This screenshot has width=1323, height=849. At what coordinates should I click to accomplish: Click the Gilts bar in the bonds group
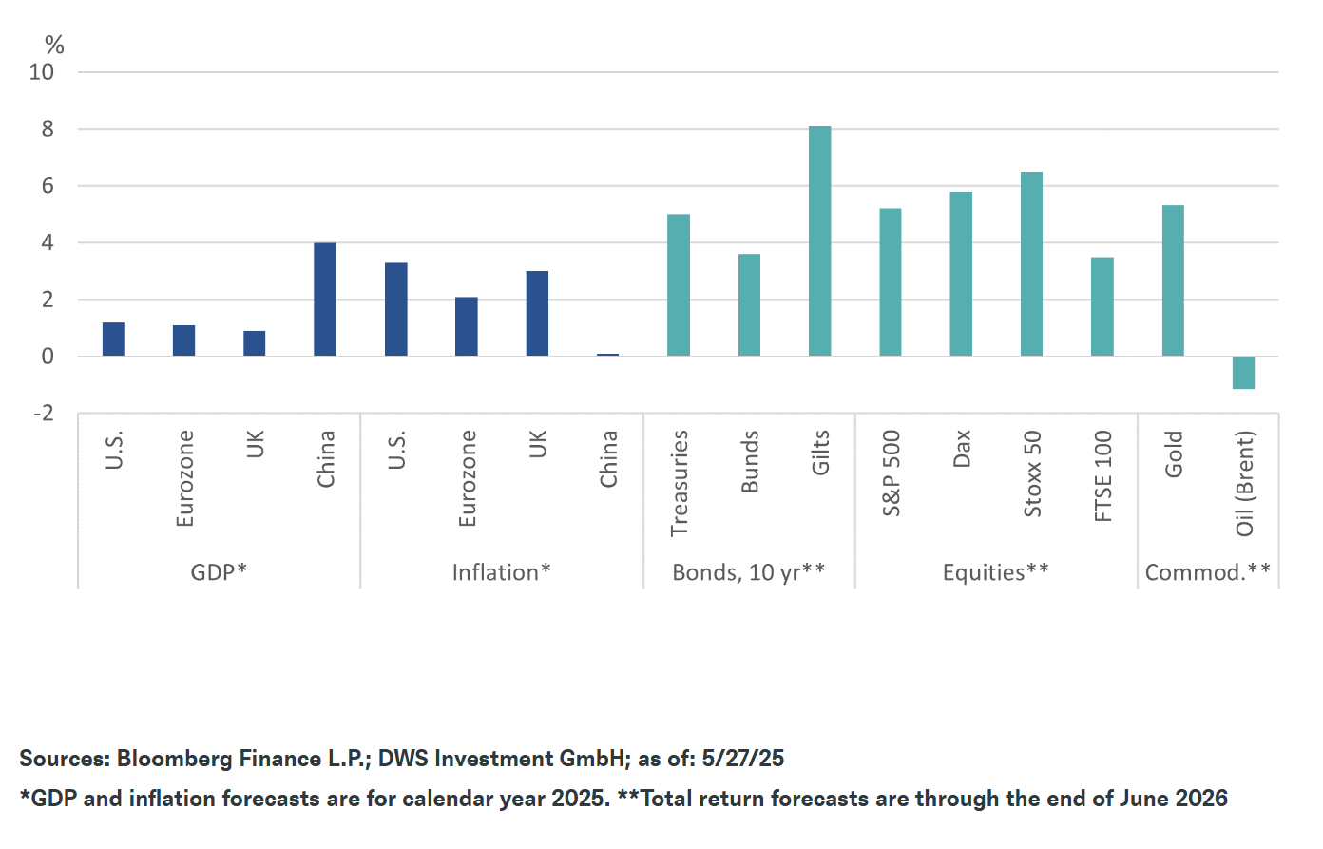(x=819, y=241)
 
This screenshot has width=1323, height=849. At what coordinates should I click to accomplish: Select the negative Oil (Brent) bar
(x=1243, y=373)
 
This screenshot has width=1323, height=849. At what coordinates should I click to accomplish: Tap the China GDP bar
(x=325, y=299)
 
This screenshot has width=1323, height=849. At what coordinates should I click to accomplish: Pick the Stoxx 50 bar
(x=1031, y=264)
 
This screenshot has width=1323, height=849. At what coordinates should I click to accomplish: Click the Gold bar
(x=1173, y=280)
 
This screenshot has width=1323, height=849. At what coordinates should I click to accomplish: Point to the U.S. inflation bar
(x=395, y=309)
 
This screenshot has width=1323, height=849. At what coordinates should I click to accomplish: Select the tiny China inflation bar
(x=607, y=355)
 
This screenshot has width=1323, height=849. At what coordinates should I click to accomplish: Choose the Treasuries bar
(x=679, y=285)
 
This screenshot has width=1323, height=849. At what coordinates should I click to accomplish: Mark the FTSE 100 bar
(x=1102, y=306)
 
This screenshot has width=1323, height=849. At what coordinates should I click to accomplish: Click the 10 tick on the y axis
(x=42, y=72)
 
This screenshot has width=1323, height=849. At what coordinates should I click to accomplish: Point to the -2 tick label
(x=43, y=414)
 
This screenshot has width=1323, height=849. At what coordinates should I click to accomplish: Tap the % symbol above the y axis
(x=54, y=45)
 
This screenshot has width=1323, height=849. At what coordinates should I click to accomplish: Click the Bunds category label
(x=750, y=462)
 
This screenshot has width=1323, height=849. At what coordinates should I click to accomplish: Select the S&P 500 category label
(x=891, y=473)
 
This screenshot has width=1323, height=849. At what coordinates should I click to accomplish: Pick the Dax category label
(x=962, y=449)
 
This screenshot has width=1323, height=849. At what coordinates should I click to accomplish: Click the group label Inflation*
(x=501, y=572)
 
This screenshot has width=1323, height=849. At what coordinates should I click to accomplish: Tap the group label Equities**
(x=995, y=572)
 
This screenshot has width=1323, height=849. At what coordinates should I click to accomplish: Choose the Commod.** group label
(x=1207, y=572)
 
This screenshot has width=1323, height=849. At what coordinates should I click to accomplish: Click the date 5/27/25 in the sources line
(x=742, y=759)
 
